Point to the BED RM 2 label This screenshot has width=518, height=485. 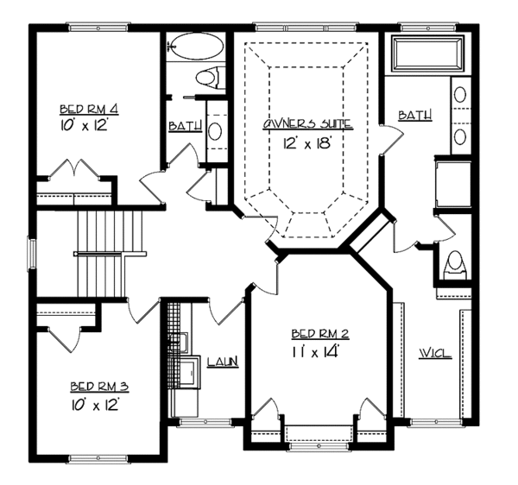pos(319,332)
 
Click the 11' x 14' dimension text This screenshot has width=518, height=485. pos(319,351)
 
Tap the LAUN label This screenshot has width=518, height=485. pos(223,362)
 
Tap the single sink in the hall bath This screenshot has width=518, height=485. pos(216,131)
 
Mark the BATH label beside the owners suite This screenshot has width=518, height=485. pos(415,115)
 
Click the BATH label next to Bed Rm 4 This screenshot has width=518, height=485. pos(185,126)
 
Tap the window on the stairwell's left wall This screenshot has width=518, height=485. pos(34,252)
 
